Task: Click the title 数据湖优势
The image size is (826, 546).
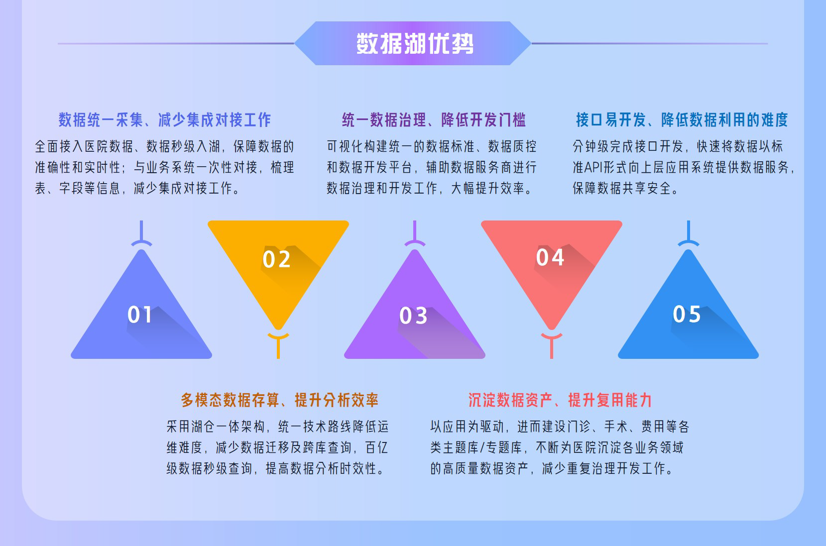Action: (x=414, y=43)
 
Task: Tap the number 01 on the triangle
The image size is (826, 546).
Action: (x=139, y=315)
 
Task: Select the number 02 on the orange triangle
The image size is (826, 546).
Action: (x=276, y=259)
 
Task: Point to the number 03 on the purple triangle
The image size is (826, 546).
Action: (x=413, y=316)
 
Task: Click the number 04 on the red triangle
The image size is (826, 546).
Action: (x=550, y=257)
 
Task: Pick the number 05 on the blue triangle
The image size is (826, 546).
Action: (x=687, y=314)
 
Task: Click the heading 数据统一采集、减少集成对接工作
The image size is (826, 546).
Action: (x=165, y=120)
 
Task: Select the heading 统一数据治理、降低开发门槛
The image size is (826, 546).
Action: (x=434, y=120)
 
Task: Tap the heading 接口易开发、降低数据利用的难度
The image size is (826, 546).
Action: (x=682, y=120)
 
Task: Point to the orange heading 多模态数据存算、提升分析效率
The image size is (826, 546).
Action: (x=279, y=400)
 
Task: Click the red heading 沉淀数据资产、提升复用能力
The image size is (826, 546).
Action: (x=560, y=400)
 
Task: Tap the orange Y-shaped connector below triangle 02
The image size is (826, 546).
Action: (x=278, y=345)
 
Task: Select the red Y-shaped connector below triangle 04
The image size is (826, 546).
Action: (x=551, y=345)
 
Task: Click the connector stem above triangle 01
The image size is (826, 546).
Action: (x=141, y=233)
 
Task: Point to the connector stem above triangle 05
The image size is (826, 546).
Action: (x=689, y=233)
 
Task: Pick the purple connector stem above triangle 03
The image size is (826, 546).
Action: (x=415, y=233)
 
